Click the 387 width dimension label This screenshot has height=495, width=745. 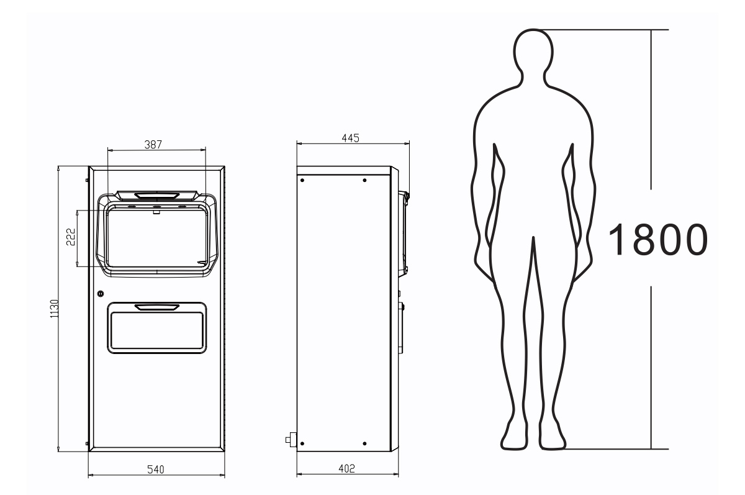pos(153,144)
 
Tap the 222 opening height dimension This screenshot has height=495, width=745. pos(71,237)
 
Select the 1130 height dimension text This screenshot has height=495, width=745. pos(54,309)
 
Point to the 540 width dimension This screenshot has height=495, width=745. pos(156,470)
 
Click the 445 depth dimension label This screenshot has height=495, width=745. pos(351,138)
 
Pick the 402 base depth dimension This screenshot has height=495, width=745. pos(347,469)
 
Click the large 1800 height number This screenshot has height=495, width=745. pos(658,240)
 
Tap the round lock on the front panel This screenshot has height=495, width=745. pos(101,294)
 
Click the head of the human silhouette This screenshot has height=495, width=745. pos(533,52)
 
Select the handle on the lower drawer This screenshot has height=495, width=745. pos(156,307)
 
